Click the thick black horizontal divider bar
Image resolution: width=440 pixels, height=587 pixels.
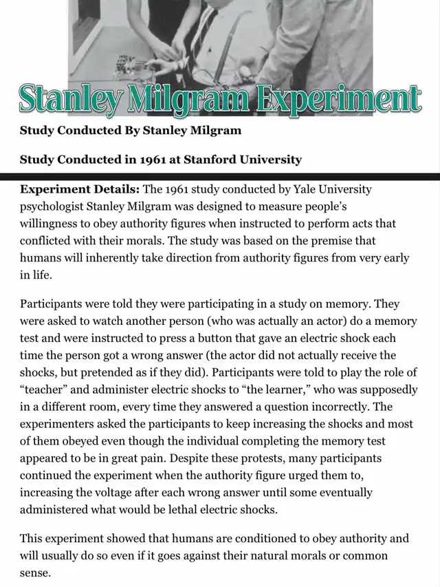point(220,177)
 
